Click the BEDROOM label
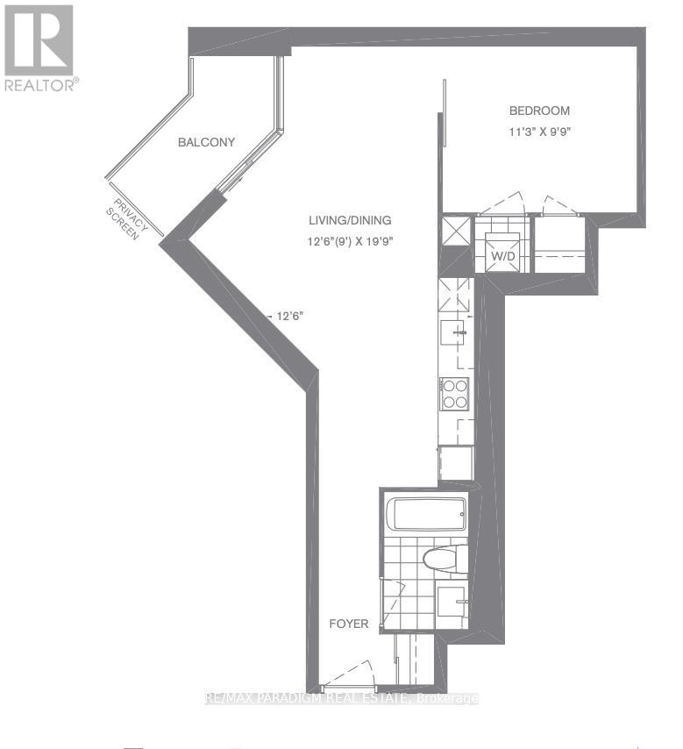point(539,111)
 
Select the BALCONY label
point(206,142)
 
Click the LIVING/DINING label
point(349,220)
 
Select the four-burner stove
point(455,394)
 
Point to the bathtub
point(427,513)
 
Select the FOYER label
point(348,624)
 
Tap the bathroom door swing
point(395,604)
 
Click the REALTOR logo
point(40,48)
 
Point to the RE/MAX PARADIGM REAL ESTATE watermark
point(341,698)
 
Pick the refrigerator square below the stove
point(455,463)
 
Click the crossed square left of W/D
point(457,232)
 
